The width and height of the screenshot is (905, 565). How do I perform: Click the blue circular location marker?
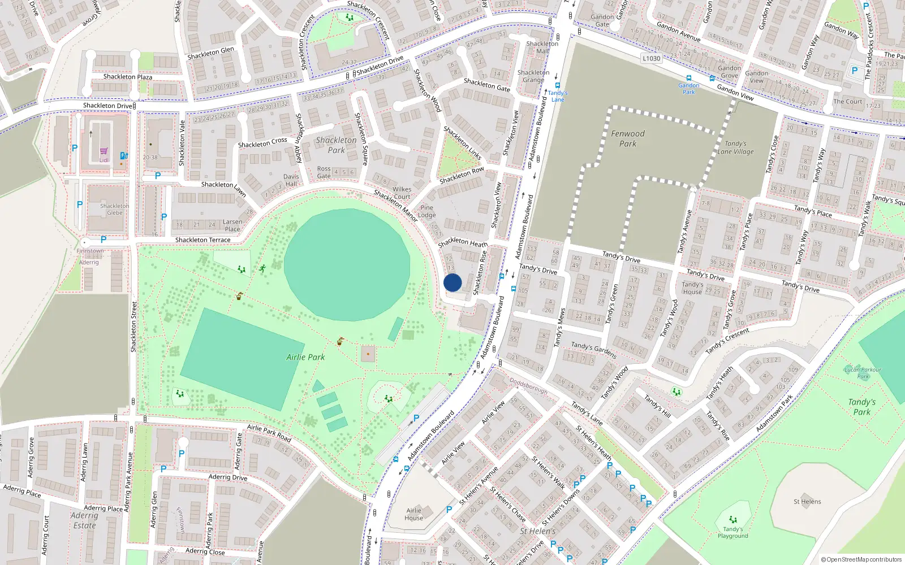click(453, 282)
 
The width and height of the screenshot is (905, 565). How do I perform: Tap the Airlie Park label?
click(305, 357)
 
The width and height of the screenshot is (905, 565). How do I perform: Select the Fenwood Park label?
click(627, 138)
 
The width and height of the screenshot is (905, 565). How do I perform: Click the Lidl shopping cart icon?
click(104, 151)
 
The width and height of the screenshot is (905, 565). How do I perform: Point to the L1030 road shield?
click(652, 58)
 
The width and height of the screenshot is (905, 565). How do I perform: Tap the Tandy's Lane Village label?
click(735, 147)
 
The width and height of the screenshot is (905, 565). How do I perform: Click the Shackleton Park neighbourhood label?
click(336, 145)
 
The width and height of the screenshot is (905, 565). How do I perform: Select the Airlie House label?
click(413, 514)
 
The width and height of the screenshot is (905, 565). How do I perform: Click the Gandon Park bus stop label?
click(688, 88)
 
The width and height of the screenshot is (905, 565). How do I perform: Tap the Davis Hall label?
click(291, 180)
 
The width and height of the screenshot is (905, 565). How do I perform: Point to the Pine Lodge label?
click(426, 211)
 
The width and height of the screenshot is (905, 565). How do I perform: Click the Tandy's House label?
click(692, 288)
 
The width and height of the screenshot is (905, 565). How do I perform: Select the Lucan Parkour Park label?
click(863, 373)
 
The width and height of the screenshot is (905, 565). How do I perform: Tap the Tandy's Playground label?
click(732, 532)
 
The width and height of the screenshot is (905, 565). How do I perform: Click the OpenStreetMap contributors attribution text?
click(861, 559)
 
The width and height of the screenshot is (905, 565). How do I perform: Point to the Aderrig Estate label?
click(84, 520)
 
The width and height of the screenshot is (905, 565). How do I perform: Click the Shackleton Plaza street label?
click(127, 77)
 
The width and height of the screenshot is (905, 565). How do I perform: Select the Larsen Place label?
click(232, 225)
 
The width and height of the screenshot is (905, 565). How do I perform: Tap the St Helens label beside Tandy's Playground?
click(807, 501)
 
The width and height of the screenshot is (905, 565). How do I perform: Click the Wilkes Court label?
click(402, 193)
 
